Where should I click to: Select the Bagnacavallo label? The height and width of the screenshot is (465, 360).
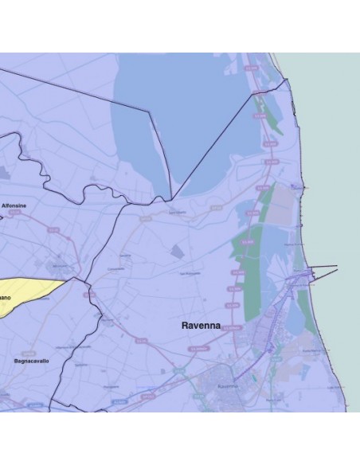(33, 361)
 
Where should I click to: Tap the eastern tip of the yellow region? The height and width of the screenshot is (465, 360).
(70, 279)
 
